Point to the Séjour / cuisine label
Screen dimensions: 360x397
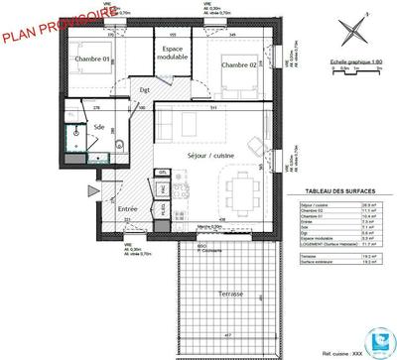(x=210, y=157)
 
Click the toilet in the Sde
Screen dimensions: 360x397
(x=116, y=147)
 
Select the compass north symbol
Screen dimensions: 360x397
(x=347, y=30)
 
